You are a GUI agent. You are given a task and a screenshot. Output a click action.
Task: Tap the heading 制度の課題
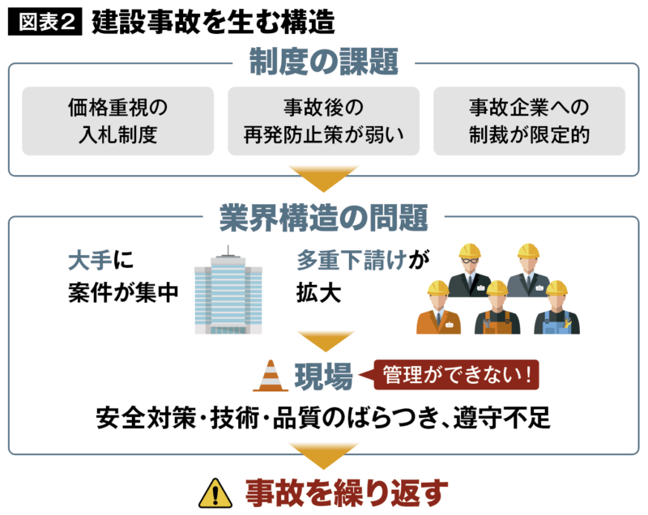tap(323, 61)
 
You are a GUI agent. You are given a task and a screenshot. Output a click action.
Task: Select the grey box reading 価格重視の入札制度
tap(118, 121)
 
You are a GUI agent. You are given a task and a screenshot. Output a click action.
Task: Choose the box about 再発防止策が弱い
tap(324, 121)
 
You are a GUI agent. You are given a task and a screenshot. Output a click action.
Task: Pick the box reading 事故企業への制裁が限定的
tap(530, 121)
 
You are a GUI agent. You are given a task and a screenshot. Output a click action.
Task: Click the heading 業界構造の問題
tap(323, 217)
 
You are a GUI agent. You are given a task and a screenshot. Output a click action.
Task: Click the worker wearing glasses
tap(471, 267)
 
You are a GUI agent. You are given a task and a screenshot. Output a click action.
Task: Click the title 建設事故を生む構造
tap(213, 22)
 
